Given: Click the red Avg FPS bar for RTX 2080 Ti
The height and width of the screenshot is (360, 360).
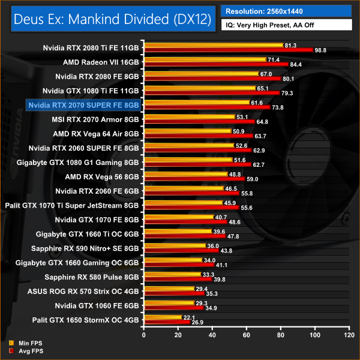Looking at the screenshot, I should pos(228,50).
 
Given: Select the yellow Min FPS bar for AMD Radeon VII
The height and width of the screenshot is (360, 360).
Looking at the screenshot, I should pos(204,59).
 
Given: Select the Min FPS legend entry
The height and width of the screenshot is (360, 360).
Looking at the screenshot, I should pos(24,343).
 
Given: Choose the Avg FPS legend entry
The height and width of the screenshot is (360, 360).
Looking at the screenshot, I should pos(24,351).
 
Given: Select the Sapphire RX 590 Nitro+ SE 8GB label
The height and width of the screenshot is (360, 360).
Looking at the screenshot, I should pos(91,248).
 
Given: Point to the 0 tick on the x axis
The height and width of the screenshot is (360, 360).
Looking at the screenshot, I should pos(143,333).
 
